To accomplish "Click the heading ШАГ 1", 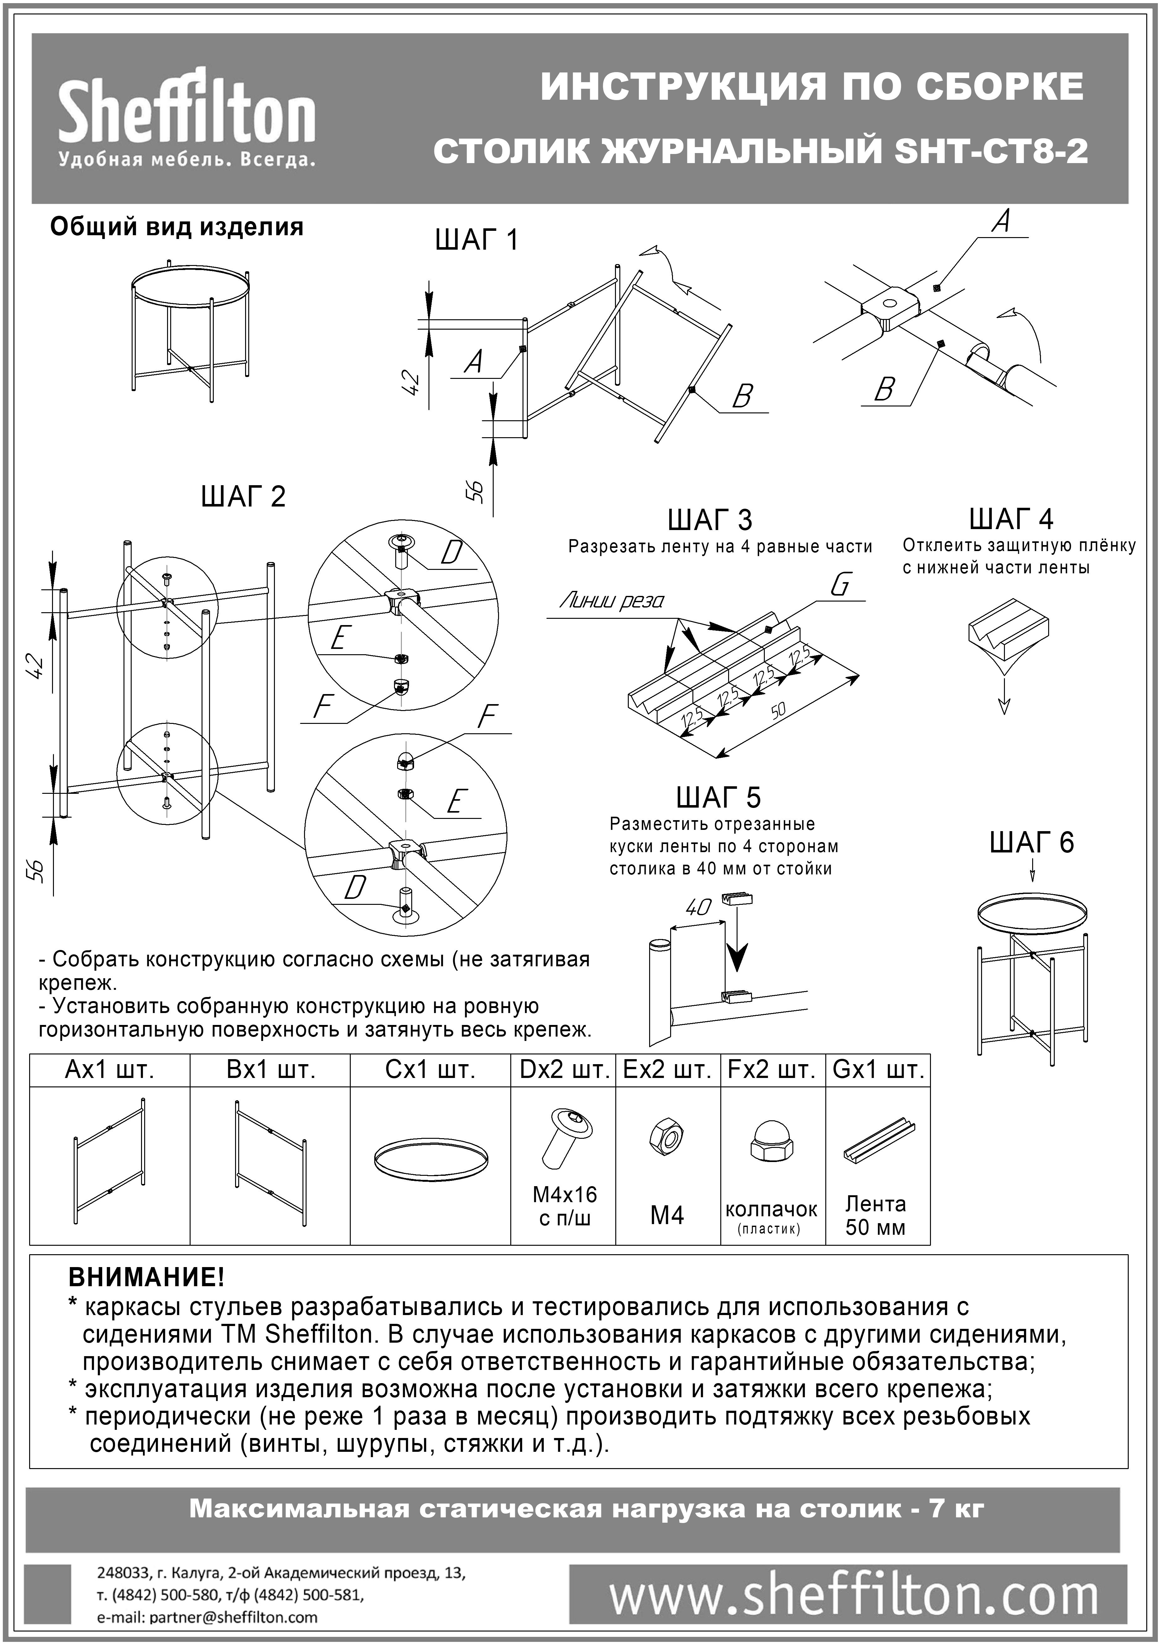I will [x=476, y=240].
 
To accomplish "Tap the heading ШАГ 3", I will [x=709, y=519].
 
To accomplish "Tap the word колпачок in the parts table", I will [x=771, y=1209].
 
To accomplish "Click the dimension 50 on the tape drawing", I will [x=779, y=709].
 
